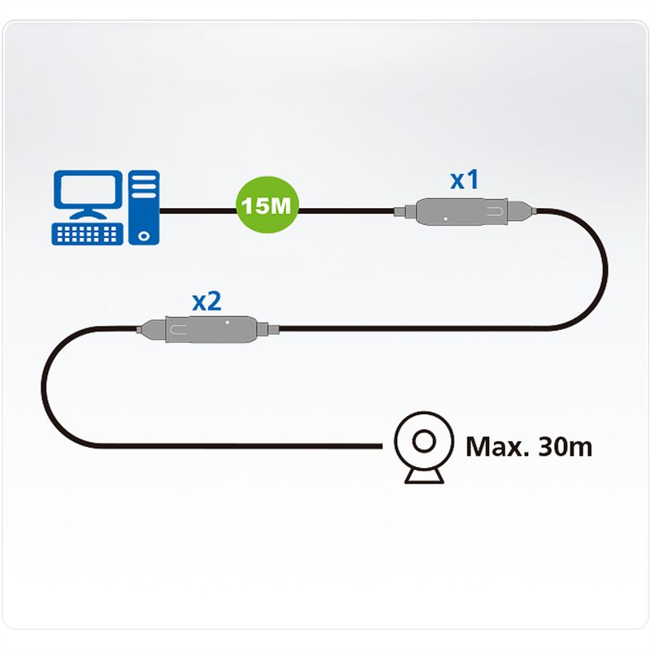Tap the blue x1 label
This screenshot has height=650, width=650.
[464, 180]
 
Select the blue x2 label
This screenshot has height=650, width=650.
[206, 301]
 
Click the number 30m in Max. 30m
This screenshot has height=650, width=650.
[565, 446]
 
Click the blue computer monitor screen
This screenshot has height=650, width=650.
[84, 192]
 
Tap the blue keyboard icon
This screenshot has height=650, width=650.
[88, 233]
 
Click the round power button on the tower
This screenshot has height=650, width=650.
[144, 236]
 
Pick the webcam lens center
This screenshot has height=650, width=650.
[423, 443]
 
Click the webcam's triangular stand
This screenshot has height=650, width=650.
[423, 475]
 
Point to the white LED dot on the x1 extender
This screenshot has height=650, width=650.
[445, 218]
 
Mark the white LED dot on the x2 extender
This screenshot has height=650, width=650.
[228, 322]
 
